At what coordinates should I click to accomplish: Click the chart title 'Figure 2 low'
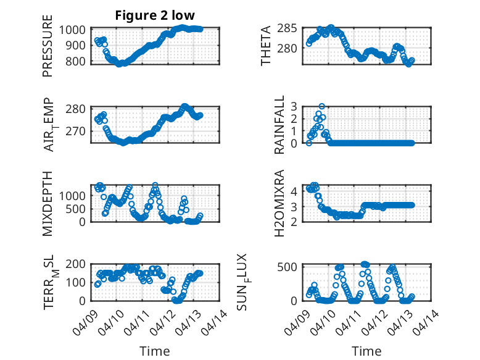[x=155, y=16]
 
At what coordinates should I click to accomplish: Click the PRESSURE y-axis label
[x=48, y=51]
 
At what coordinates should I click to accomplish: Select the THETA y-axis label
[x=266, y=46]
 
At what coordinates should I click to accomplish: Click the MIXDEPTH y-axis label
[x=48, y=203]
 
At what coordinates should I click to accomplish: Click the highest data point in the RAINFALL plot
[x=322, y=106]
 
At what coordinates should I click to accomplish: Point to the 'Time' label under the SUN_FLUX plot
[x=366, y=351]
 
